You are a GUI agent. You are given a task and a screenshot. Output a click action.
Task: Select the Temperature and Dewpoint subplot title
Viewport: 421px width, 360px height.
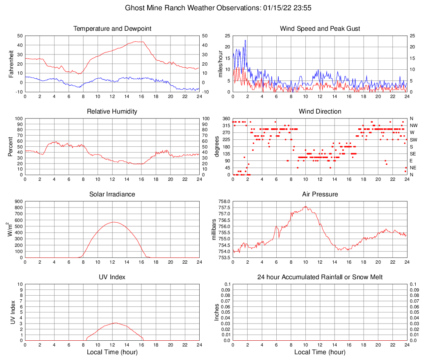(x=112, y=29)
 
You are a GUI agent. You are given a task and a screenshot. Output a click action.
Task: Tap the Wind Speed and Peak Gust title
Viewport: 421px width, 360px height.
(x=320, y=29)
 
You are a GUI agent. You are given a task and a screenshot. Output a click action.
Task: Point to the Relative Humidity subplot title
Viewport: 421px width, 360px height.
(x=112, y=112)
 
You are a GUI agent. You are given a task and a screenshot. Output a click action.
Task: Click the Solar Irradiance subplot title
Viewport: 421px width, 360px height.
(x=112, y=194)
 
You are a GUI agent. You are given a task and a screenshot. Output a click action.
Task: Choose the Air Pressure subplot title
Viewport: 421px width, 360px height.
(x=320, y=194)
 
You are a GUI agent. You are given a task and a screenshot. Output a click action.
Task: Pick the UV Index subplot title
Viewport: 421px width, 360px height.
(x=112, y=277)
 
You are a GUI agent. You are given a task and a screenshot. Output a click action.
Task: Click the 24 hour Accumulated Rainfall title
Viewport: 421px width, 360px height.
(x=320, y=277)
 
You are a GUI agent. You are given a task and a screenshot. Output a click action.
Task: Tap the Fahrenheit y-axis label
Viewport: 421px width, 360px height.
(x=11, y=64)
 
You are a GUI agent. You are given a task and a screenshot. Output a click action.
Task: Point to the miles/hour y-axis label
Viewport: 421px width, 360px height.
(x=220, y=64)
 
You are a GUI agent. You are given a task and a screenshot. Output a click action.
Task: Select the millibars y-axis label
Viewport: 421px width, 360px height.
(x=214, y=229)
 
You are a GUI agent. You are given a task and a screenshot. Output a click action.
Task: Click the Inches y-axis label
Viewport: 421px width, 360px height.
(x=217, y=312)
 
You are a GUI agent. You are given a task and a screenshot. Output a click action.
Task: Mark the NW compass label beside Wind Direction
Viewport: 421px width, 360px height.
(x=414, y=125)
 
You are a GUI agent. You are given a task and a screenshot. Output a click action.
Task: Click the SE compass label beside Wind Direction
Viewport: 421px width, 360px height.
(x=413, y=154)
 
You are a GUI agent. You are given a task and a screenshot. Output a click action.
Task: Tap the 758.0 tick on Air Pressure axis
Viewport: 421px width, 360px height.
(x=224, y=201)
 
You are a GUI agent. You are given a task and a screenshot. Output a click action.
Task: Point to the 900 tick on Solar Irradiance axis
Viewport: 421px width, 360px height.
(x=18, y=201)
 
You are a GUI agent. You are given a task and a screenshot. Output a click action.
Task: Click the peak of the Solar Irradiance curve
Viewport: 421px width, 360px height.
(x=114, y=222)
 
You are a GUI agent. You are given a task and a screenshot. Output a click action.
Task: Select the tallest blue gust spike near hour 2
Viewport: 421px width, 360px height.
(x=245, y=40)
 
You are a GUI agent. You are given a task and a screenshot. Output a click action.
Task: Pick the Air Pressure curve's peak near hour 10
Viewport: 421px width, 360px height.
(x=306, y=206)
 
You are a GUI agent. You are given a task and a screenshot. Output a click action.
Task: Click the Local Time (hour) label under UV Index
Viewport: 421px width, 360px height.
(x=112, y=352)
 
